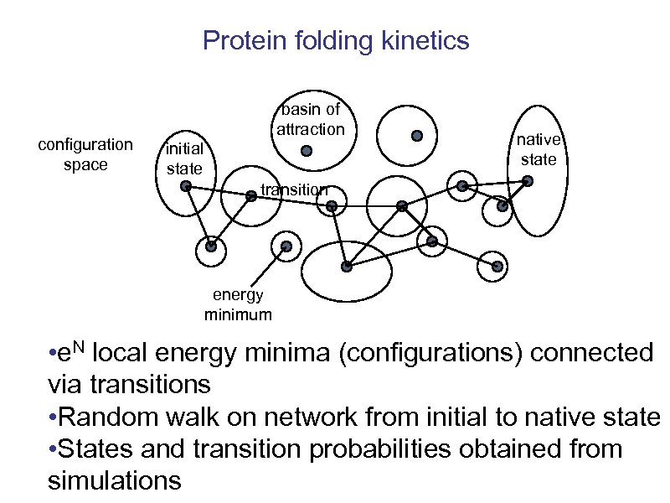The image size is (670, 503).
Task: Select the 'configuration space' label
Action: (85, 154)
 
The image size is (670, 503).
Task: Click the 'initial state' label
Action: (183, 159)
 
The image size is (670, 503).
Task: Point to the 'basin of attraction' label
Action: (310, 120)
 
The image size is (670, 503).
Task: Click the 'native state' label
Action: (539, 149)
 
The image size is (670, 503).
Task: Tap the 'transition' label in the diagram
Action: (293, 189)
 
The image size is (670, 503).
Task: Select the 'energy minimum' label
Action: (238, 305)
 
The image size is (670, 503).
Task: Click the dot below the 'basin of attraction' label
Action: (307, 151)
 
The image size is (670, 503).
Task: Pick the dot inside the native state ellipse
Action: (502, 205)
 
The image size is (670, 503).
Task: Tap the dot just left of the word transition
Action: (251, 197)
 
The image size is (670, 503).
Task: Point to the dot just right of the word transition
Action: (332, 205)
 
